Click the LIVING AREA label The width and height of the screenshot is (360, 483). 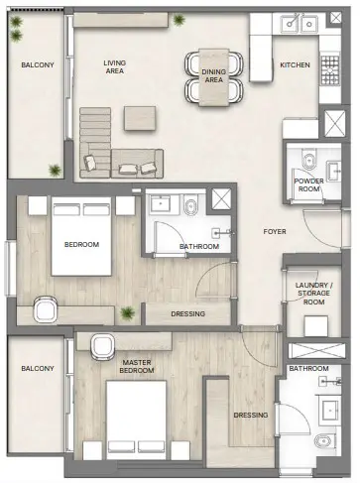coord(116,66)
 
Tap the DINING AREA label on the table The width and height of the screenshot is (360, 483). coord(213,76)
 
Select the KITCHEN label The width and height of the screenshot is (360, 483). coord(295,65)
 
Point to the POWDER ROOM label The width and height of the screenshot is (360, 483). coord(308,184)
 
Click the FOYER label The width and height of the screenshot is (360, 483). coord(275,233)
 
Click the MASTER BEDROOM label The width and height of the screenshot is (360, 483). coord(135,368)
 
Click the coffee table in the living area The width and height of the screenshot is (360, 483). coord(139,117)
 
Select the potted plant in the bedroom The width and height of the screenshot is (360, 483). coord(127,314)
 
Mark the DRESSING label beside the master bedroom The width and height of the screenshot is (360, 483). coord(248,415)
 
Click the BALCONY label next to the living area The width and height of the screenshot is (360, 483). coord(38,66)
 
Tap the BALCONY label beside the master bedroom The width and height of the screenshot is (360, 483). coord(37,369)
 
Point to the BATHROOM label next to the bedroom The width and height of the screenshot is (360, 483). coord(198,247)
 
